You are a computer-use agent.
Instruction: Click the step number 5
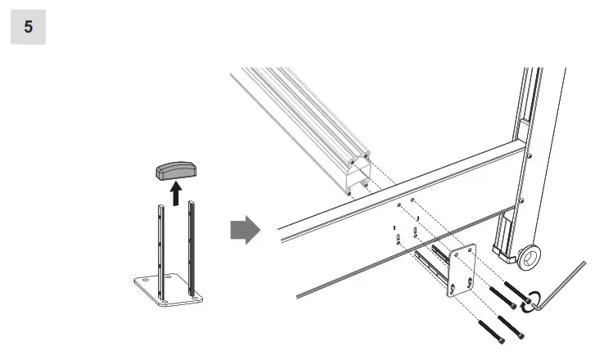tap(28, 27)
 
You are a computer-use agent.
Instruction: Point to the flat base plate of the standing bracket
tap(168, 291)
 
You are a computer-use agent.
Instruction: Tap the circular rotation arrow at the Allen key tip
tap(534, 300)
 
